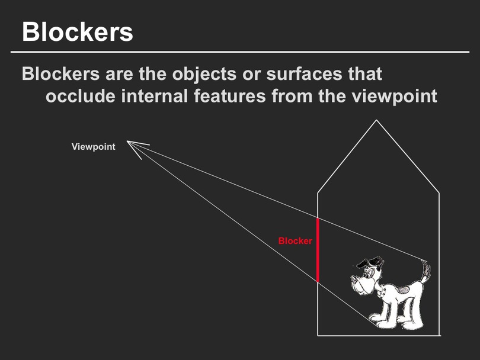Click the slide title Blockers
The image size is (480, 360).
click(x=78, y=31)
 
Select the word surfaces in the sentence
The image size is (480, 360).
click(x=303, y=74)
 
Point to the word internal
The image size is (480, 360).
click(x=155, y=96)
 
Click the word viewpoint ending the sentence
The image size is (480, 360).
click(x=395, y=97)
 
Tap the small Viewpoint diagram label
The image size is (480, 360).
click(x=94, y=146)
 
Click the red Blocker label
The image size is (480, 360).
click(x=295, y=241)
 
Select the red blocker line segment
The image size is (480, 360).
click(x=318, y=250)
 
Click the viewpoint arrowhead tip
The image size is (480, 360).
click(x=127, y=142)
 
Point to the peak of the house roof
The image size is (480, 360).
click(x=376, y=120)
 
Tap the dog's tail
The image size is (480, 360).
click(x=425, y=271)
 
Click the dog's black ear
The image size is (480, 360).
click(x=372, y=262)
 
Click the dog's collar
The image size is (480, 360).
click(x=380, y=290)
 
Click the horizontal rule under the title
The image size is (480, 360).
click(x=240, y=52)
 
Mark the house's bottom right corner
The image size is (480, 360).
click(x=440, y=336)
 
